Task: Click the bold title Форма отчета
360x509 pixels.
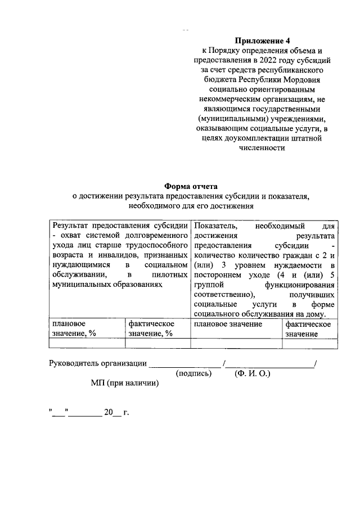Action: coord(190,186)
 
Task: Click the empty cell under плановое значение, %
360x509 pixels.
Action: coord(87,344)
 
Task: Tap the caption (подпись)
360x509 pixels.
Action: coord(193,373)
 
